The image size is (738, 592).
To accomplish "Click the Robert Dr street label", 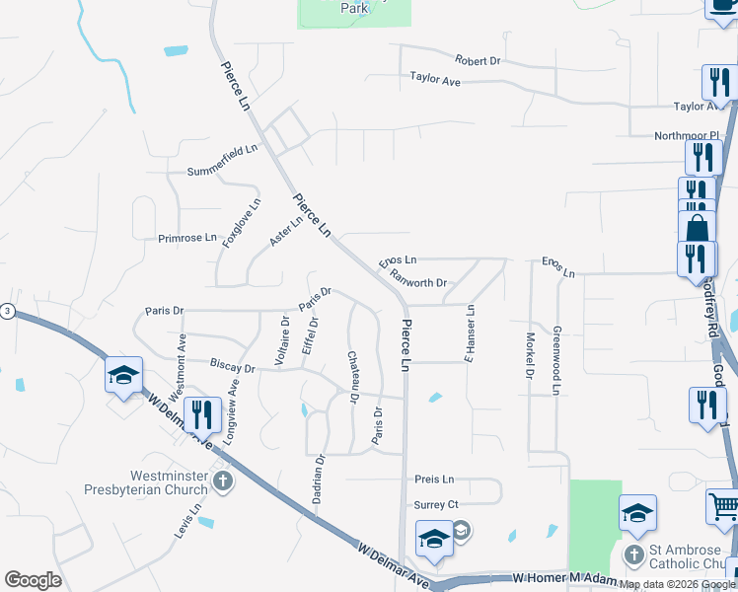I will pyautogui.click(x=478, y=61).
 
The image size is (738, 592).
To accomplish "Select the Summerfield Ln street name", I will pyautogui.click(x=223, y=172).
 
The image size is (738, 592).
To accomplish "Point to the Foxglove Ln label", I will pyautogui.click(x=242, y=223).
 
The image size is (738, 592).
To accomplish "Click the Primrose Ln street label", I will pyautogui.click(x=186, y=238).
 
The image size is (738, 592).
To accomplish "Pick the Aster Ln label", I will pyautogui.click(x=285, y=233).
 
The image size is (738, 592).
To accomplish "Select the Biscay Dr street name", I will pyautogui.click(x=232, y=367).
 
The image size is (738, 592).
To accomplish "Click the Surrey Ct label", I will pyautogui.click(x=439, y=504).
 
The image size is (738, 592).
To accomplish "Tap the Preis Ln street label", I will pyautogui.click(x=434, y=480).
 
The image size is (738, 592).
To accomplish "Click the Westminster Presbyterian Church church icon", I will pyautogui.click(x=223, y=481).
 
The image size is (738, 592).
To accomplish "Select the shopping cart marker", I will pyautogui.click(x=723, y=507).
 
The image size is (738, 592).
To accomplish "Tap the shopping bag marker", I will pyautogui.click(x=697, y=228).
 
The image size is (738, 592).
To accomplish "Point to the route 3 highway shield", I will pyautogui.click(x=6, y=312).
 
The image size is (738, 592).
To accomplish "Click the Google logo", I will pyautogui.click(x=33, y=580).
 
